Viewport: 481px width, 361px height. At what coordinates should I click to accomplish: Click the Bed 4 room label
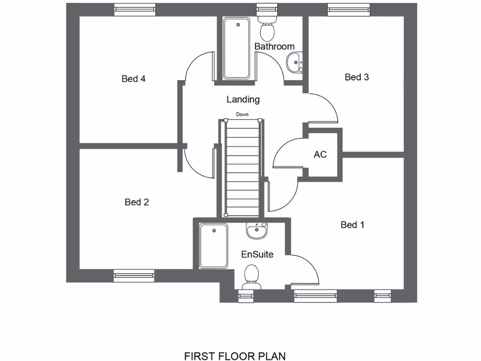(x=133, y=79)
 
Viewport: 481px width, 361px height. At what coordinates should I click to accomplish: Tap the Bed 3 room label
(x=357, y=77)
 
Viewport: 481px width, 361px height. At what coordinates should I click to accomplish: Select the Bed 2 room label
(x=137, y=202)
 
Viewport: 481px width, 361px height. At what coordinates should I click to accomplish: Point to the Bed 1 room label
(x=352, y=225)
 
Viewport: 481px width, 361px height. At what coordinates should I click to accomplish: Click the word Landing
(x=243, y=100)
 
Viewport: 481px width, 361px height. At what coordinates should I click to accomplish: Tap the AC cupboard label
(x=320, y=155)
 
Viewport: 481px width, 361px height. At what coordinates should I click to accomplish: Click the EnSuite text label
(x=257, y=254)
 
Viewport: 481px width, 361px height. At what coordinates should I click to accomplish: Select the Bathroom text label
(x=274, y=47)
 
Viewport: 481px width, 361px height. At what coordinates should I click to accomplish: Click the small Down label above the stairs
(x=242, y=115)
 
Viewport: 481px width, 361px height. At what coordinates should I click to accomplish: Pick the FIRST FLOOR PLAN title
(x=235, y=356)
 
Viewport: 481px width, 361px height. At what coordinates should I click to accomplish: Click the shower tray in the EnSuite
(x=213, y=246)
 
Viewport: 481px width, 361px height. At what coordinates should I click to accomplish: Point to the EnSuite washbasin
(x=256, y=230)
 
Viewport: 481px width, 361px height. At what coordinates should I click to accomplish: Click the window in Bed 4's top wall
(x=134, y=9)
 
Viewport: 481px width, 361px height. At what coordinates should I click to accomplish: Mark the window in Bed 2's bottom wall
(x=134, y=276)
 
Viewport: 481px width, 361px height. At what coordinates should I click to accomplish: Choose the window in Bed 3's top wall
(x=349, y=9)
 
